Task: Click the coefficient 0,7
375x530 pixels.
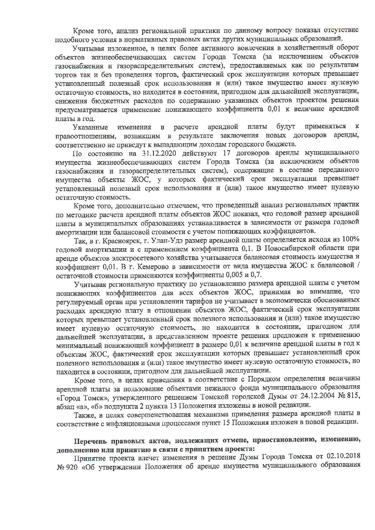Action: click(256, 275)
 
